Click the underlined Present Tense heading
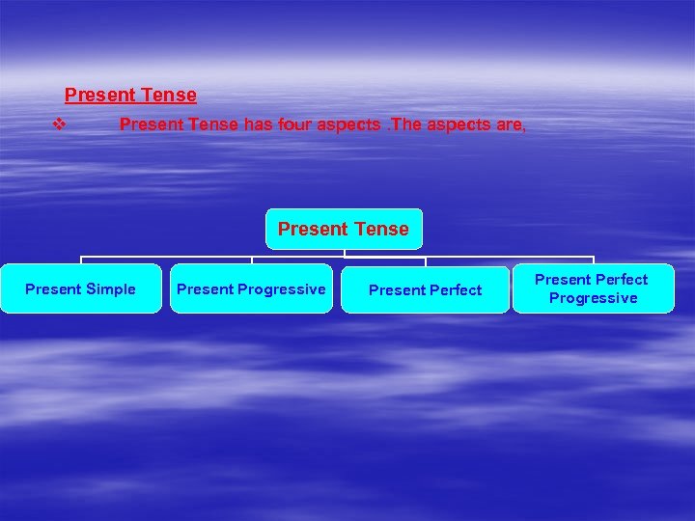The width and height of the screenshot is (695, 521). [x=130, y=96]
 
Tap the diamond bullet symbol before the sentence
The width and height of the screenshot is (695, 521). [x=60, y=124]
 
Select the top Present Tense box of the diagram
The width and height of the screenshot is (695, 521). [x=343, y=229]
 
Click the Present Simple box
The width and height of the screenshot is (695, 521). [x=80, y=289]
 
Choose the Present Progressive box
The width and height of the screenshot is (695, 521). [x=251, y=289]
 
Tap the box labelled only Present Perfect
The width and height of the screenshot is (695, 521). [x=425, y=290]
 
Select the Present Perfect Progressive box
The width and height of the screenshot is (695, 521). [x=592, y=288]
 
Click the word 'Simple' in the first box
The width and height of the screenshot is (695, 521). [x=110, y=289]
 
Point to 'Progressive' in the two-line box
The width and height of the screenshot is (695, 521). [x=593, y=298]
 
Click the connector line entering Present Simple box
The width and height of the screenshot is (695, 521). [x=80, y=260]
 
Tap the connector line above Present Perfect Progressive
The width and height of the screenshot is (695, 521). [x=592, y=260]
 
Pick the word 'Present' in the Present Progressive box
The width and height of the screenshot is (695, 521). [x=205, y=289]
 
